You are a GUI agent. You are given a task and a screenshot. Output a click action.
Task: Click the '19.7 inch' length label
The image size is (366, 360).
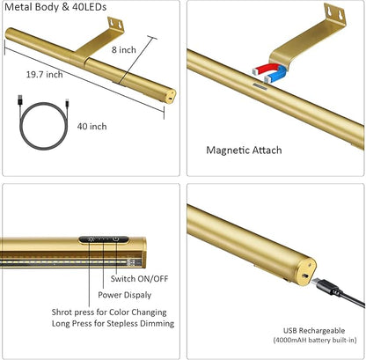click(x=45, y=74)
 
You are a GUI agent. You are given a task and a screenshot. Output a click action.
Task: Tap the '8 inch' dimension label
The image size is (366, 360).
click(x=124, y=50)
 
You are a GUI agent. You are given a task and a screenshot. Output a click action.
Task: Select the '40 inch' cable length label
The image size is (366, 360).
click(x=91, y=127)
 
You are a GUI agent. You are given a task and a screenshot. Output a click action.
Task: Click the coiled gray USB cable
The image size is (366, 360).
click(x=43, y=126)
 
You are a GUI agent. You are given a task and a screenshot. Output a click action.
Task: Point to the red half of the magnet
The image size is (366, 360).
click(x=267, y=69)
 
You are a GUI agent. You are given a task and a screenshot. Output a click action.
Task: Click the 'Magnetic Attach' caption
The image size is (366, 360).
click(x=244, y=151)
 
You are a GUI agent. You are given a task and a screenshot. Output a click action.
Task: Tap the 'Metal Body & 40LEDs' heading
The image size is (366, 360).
click(x=55, y=7)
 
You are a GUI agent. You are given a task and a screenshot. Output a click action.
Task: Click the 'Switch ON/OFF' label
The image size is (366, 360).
click(x=139, y=278)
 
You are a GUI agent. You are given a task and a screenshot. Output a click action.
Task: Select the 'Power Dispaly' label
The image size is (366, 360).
click(x=125, y=295)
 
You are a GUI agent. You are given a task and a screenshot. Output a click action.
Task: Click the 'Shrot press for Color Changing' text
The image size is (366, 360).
click(x=109, y=312)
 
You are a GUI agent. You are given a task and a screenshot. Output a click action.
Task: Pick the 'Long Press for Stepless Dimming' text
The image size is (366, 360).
click(x=113, y=323)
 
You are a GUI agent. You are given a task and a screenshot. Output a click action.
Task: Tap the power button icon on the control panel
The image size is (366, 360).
click(x=116, y=239)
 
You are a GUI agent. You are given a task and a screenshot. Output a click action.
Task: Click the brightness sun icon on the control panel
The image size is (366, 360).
click(x=90, y=239)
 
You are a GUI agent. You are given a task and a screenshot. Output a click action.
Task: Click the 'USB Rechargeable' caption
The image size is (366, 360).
click(x=314, y=331)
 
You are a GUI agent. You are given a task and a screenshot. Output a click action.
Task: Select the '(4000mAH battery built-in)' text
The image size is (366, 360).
click(x=315, y=340)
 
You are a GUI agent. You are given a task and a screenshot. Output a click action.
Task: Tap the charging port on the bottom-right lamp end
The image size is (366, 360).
click(x=305, y=276)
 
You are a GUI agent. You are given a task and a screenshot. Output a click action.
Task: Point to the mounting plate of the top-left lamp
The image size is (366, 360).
click(x=115, y=24)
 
